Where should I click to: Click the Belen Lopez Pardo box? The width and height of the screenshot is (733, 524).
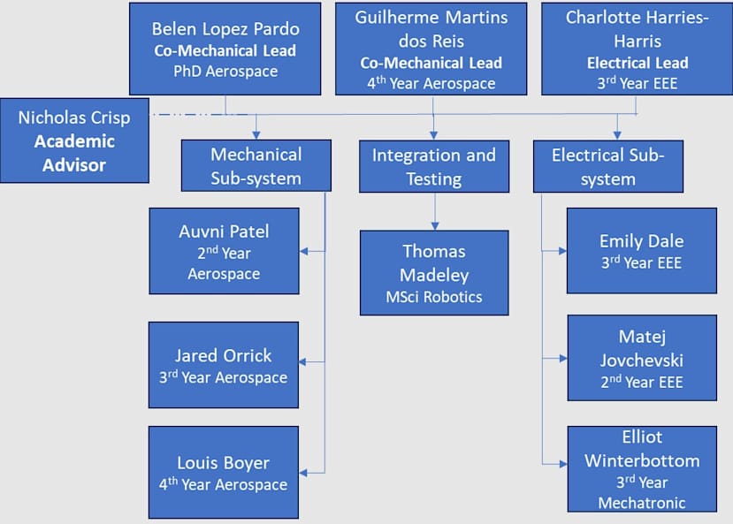coord(225,48)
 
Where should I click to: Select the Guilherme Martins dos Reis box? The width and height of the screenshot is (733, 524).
coord(431,48)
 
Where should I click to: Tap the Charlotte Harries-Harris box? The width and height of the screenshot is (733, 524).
coord(637,48)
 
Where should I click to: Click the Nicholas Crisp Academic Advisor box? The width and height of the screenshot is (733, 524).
coord(74,140)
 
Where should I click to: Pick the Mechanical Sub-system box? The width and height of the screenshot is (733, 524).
coord(256,165)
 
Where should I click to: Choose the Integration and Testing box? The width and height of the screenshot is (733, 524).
coord(433,166)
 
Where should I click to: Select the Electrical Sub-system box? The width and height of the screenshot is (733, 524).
coord(607,166)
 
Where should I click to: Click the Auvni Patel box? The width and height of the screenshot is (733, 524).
coord(224,251)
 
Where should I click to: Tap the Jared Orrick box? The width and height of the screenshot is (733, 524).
coord(223,365)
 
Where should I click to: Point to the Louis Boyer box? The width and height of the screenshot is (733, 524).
coord(223,472)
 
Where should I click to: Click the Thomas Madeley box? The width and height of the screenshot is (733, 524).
coord(433,272)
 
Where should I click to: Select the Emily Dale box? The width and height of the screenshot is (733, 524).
coord(641,250)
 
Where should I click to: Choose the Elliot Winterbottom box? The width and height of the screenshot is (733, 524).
coord(641,468)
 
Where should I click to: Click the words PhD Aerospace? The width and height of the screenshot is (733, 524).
coord(225,72)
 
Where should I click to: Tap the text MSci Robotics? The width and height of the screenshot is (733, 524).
coord(433,297)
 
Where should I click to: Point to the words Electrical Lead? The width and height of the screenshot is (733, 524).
coord(637,63)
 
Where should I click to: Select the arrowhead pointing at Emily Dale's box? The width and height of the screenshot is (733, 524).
coord(561,251)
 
